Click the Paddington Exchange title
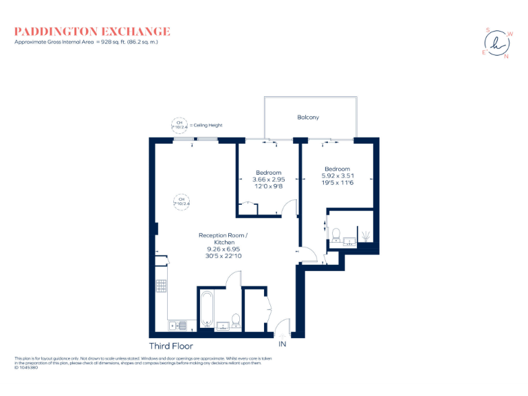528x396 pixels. click(92, 32)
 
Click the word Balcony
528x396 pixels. click(308, 118)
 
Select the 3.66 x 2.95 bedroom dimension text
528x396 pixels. click(268, 179)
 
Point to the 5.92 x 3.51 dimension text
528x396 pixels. click(337, 176)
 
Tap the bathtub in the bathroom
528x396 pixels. click(206, 309)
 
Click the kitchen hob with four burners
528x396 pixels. click(162, 285)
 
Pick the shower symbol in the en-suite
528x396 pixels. click(365, 236)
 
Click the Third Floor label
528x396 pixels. click(171, 346)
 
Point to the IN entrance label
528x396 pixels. click(281, 344)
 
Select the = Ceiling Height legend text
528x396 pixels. click(207, 125)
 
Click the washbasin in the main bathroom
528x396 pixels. click(223, 325)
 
